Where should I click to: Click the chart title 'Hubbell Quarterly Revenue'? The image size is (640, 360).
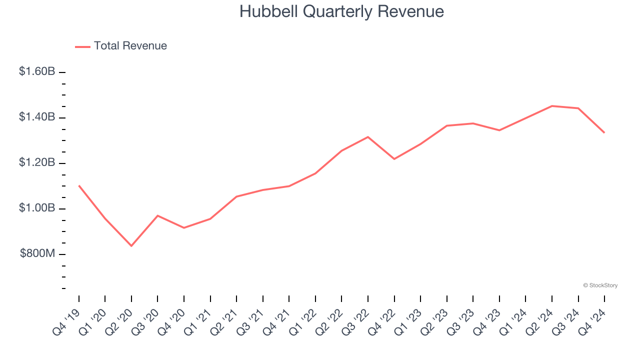coord(341,11)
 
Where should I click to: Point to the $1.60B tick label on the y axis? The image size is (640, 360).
coord(37,72)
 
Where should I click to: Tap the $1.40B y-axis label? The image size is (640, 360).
coord(37,117)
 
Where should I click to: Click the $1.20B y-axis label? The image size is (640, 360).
coord(37,163)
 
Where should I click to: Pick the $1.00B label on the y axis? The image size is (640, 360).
coord(37,208)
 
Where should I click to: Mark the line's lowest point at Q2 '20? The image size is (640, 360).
coord(131,246)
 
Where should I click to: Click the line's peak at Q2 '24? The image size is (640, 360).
coord(552,106)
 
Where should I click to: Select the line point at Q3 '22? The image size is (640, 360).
coord(368,137)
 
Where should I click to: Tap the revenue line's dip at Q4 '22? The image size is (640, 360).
coord(394,159)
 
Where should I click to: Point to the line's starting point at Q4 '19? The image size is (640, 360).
coord(79,185)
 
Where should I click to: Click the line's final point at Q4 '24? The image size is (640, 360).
coord(604,132)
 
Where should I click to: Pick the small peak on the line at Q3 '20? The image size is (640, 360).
coord(158,215)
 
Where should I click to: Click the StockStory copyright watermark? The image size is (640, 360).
coord(600,285)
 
